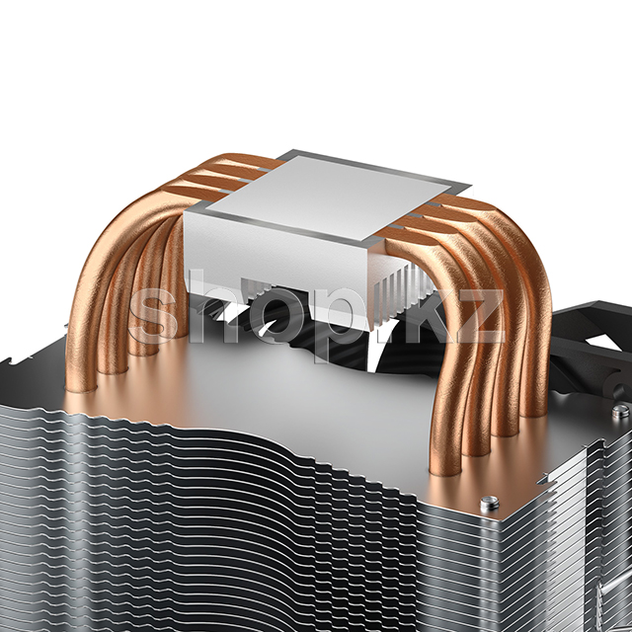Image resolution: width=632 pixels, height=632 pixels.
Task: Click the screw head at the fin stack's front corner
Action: point(490,503)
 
